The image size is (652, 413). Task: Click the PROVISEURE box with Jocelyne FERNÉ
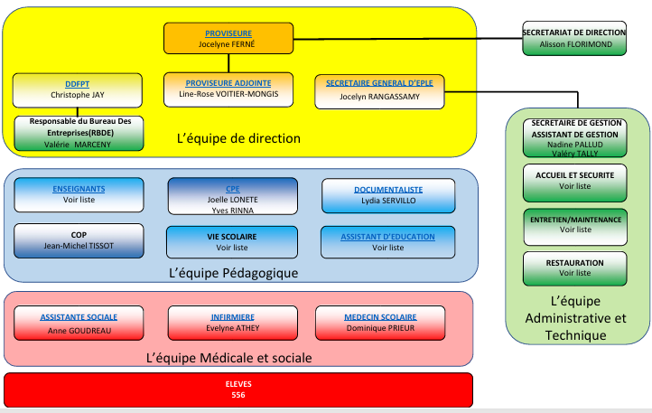click(x=228, y=38)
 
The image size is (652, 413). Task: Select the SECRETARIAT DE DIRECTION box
click(x=573, y=38)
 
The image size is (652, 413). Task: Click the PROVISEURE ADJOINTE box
click(x=228, y=88)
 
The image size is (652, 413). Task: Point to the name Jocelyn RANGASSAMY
click(x=379, y=96)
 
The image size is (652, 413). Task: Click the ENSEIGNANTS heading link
click(x=79, y=189)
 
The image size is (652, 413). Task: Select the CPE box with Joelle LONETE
click(x=232, y=195)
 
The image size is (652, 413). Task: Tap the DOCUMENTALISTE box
click(x=387, y=194)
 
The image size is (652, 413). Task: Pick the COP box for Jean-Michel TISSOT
click(x=79, y=240)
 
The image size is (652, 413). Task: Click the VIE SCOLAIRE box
click(x=232, y=241)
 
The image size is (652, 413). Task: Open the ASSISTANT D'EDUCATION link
click(x=387, y=237)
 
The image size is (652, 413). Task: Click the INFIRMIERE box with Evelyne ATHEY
click(x=232, y=323)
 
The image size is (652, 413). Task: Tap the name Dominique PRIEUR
click(x=379, y=330)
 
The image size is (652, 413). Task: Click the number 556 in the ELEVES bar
click(x=238, y=396)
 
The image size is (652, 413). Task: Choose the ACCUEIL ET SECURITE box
click(x=574, y=181)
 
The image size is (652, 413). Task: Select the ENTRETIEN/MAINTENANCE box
click(x=574, y=224)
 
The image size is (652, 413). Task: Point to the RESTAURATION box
click(x=574, y=268)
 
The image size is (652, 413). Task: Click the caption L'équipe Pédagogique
click(x=233, y=272)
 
